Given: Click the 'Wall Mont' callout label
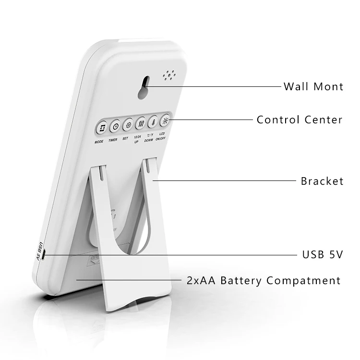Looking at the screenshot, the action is click(313, 86).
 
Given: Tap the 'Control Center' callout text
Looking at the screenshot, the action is click(300, 120).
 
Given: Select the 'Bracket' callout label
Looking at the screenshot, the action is click(322, 181).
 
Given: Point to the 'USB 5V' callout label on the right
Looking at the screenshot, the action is click(322, 254).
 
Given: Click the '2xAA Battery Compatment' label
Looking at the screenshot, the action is click(264, 280).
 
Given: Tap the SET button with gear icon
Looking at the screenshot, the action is click(128, 125).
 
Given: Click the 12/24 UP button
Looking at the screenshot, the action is click(141, 123).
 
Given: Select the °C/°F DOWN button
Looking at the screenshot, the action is click(153, 122).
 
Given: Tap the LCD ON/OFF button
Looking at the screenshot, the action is click(166, 120).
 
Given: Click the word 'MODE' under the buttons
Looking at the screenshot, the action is click(99, 142).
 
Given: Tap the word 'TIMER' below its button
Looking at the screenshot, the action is click(113, 140).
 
